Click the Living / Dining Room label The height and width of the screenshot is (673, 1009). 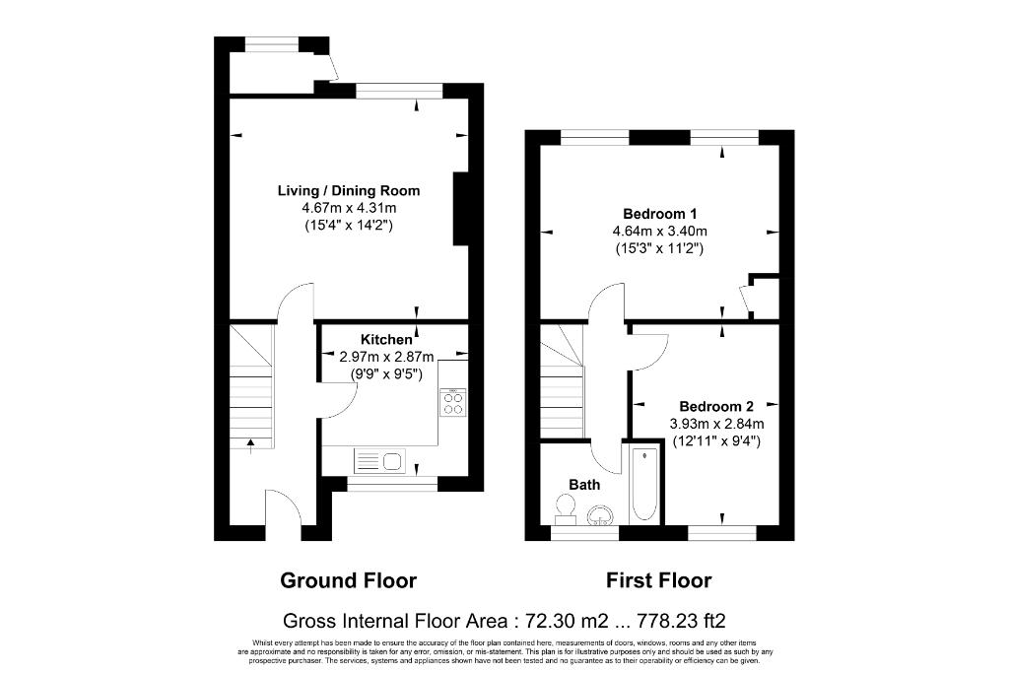349,190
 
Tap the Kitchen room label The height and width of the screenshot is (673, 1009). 386,339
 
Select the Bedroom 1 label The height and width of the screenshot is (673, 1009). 659,214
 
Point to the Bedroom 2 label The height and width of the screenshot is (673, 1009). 716,407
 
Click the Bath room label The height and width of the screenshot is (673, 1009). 584,485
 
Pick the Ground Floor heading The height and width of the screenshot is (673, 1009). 348,581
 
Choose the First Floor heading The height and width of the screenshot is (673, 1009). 659,581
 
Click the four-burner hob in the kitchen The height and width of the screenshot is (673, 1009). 453,402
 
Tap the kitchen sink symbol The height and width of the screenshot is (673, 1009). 379,461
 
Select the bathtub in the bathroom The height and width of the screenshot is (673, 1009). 644,484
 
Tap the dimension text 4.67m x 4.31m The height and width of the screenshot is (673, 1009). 349,208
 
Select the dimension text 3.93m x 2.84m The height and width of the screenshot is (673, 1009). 716,424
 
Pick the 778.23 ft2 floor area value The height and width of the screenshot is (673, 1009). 682,621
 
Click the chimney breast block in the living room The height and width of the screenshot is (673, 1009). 461,209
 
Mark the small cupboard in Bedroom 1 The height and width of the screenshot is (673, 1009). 765,298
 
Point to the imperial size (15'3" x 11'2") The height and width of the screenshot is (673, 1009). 659,248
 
